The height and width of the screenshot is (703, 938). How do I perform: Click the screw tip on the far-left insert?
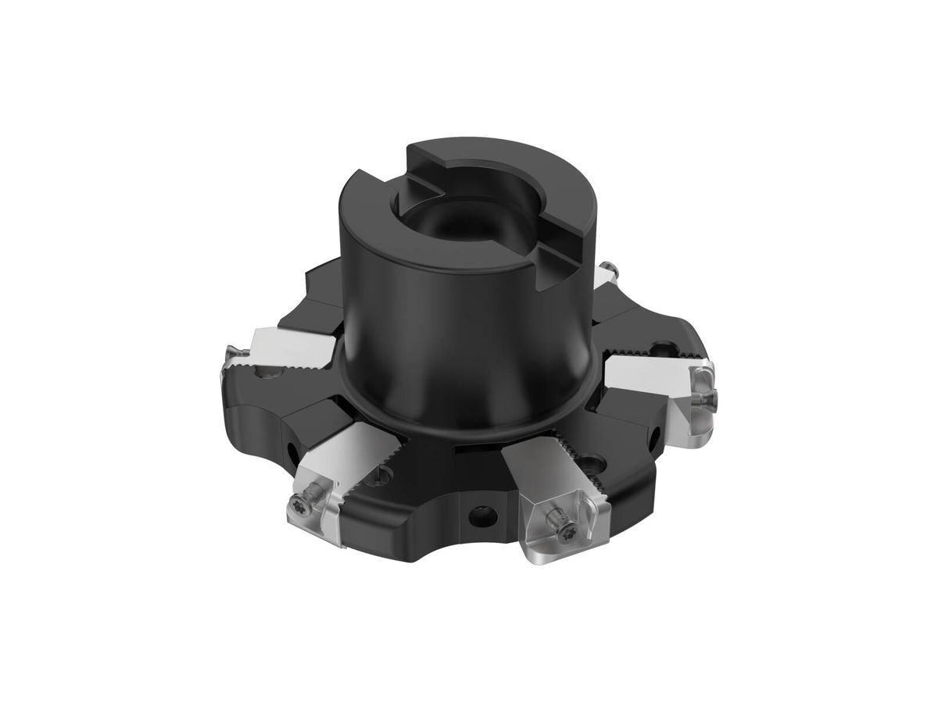[231, 355]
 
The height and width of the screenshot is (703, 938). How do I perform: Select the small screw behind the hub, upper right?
[610, 273]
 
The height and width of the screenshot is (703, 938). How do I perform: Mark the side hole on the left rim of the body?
[291, 450]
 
